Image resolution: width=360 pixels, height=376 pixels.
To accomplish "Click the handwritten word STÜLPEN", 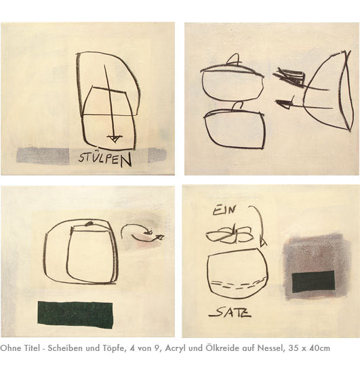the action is click(x=105, y=159).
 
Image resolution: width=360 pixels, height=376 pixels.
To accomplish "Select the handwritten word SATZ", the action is click(x=230, y=312).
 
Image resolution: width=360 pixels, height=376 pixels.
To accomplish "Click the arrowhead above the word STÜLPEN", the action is click(x=115, y=138).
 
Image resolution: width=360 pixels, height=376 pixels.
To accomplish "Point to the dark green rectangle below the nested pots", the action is click(x=75, y=314).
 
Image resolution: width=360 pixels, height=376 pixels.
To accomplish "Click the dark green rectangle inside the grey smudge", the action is click(x=313, y=282).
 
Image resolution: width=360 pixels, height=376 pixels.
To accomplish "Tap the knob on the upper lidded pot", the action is click(x=233, y=59).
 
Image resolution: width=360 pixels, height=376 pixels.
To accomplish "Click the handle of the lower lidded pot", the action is click(x=237, y=107).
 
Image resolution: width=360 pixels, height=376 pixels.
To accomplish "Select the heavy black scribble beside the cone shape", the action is click(x=289, y=77).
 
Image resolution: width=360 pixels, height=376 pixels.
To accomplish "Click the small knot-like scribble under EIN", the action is click(x=230, y=235).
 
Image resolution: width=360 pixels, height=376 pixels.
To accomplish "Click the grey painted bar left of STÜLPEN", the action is click(x=43, y=155).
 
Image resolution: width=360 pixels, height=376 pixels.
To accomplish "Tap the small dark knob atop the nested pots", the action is click(x=89, y=224).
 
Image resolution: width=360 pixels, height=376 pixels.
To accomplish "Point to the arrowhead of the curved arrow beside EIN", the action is click(x=263, y=242).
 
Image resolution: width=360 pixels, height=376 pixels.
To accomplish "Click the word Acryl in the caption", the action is click(x=175, y=348).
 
